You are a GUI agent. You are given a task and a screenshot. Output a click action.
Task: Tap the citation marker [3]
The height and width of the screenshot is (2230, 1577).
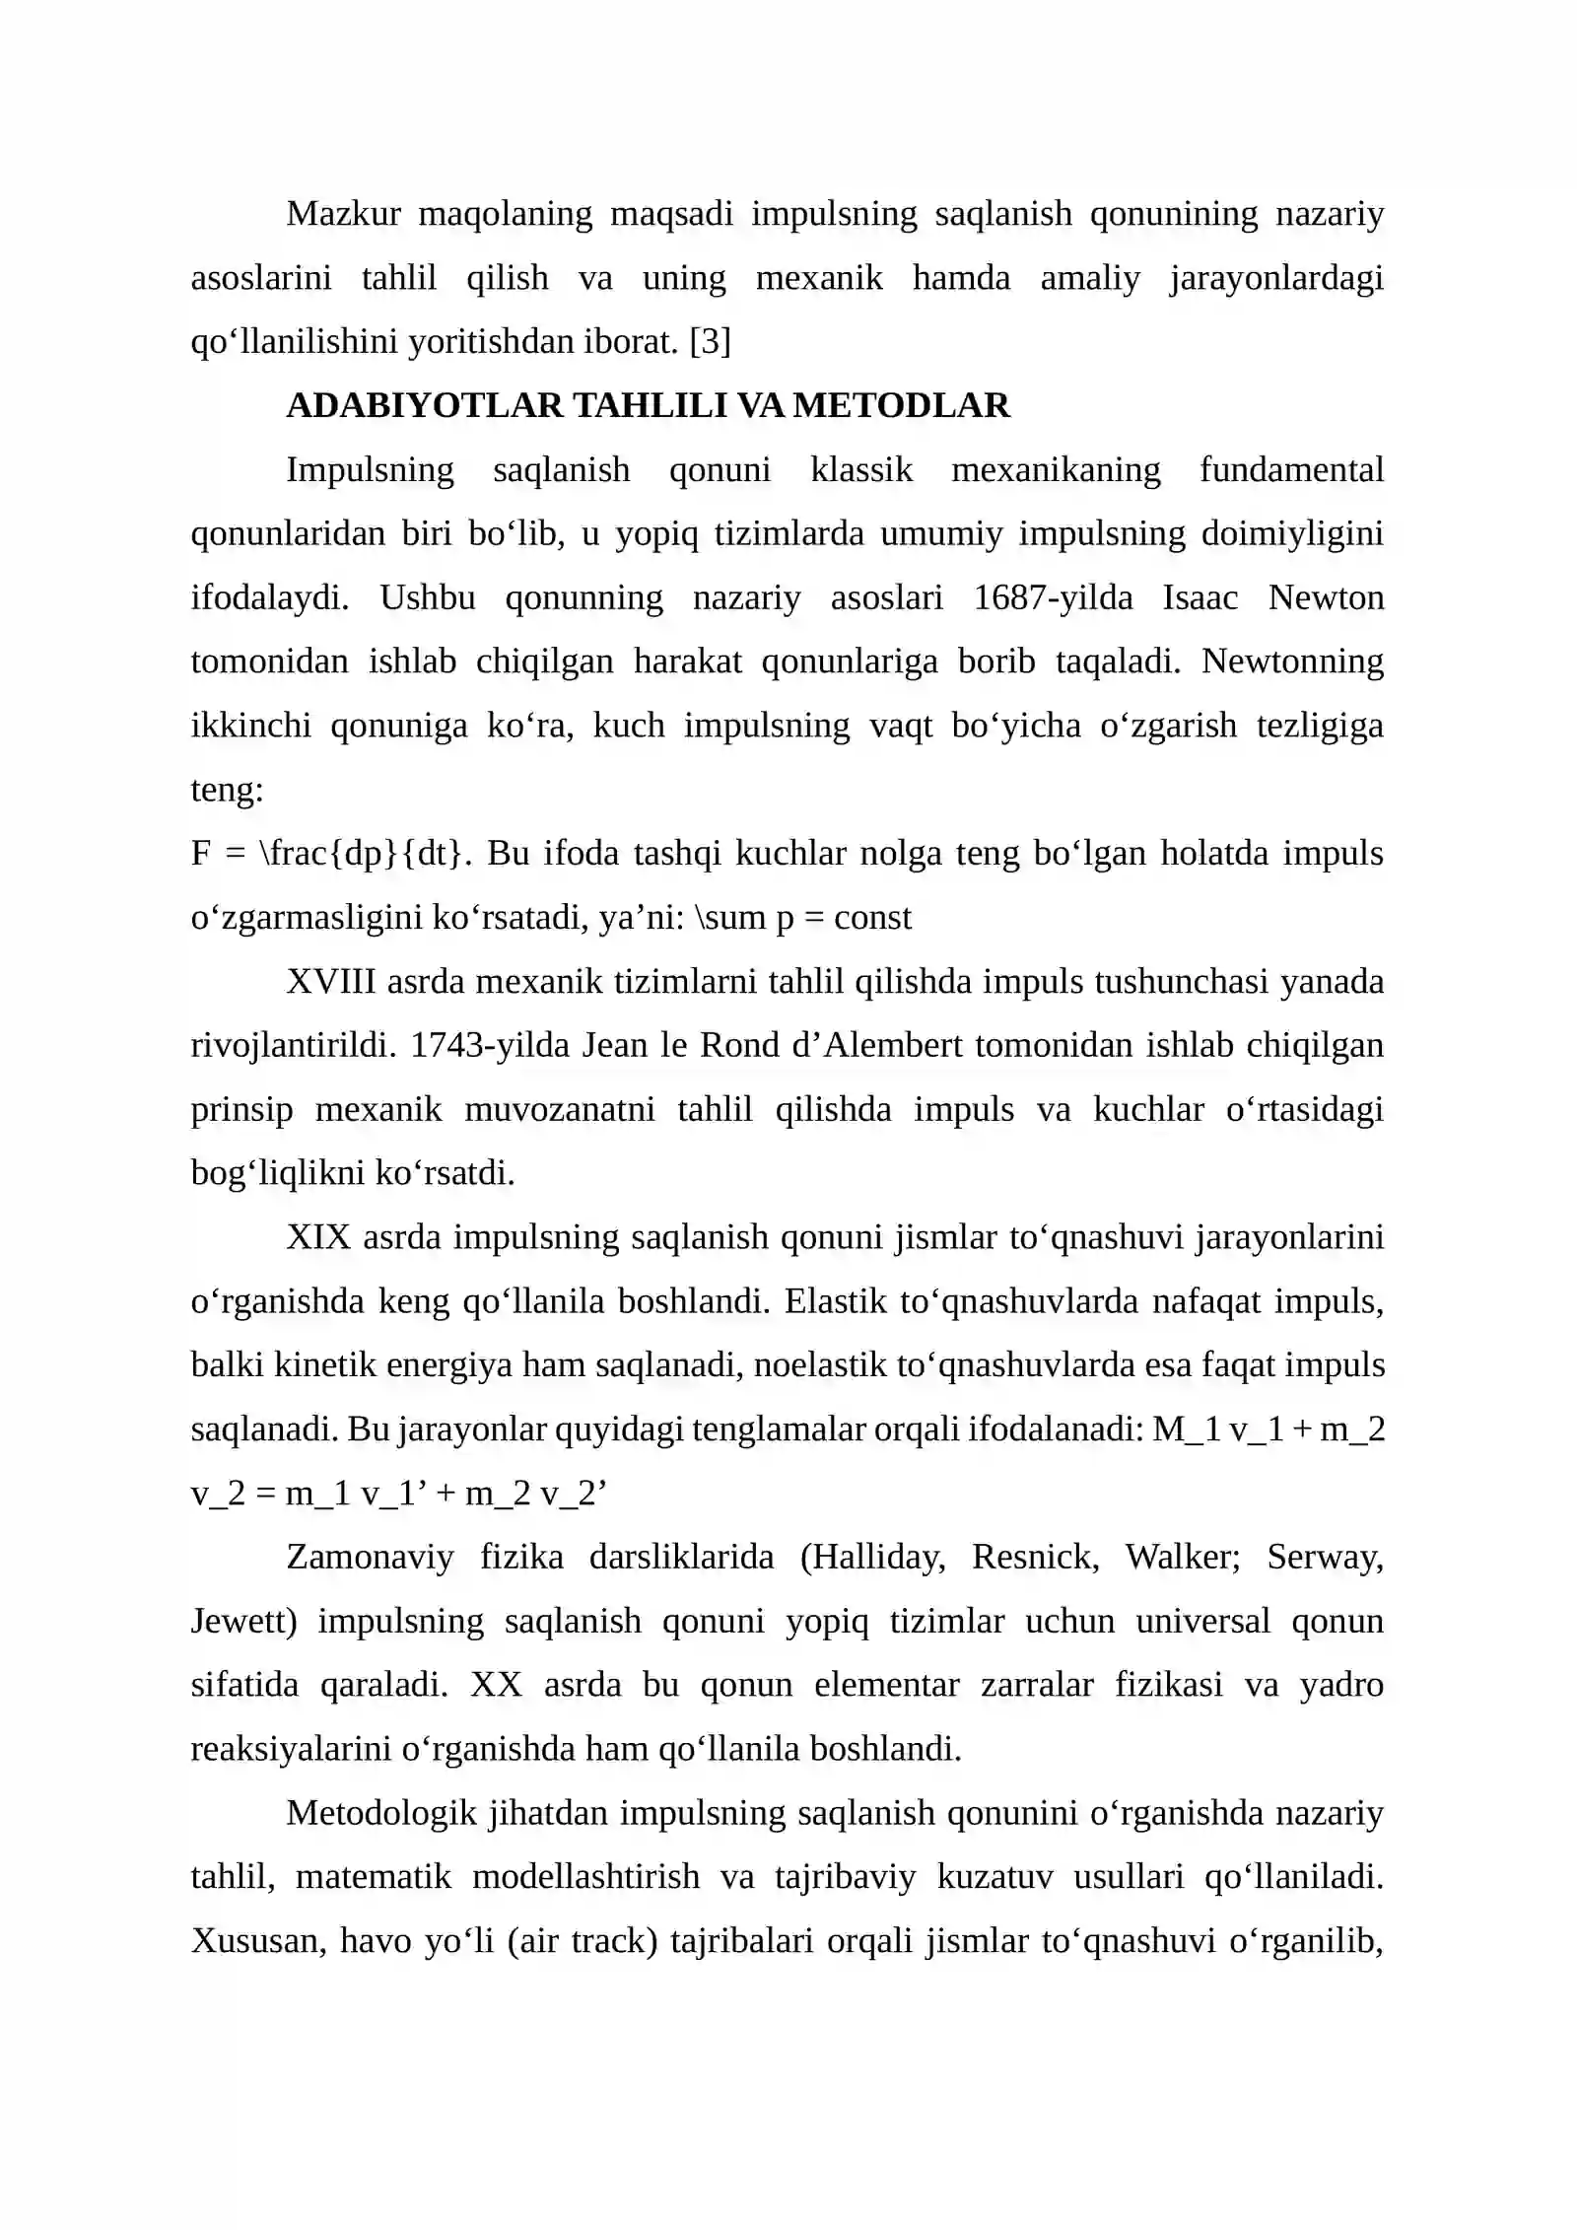[x=710, y=341]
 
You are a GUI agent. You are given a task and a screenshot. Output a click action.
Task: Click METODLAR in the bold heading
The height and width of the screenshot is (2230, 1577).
[x=901, y=405]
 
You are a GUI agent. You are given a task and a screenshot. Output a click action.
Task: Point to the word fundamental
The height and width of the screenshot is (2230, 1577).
[x=1290, y=469]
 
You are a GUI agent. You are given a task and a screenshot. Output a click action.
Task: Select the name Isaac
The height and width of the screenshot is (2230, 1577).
[x=1200, y=597]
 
